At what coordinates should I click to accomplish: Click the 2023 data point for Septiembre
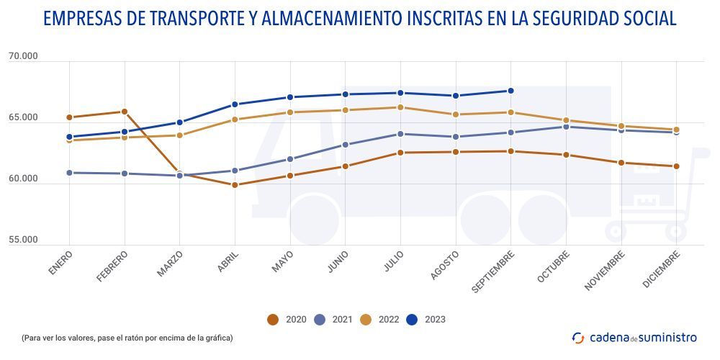tap(510, 91)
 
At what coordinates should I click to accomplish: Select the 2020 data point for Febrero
tap(125, 112)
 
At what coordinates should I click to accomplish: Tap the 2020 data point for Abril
tap(235, 185)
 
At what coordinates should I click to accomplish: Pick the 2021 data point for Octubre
tap(566, 127)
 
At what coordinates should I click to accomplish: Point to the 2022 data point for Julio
tap(400, 107)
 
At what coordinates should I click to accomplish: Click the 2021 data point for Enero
tap(69, 173)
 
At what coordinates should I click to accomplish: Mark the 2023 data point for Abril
tap(235, 104)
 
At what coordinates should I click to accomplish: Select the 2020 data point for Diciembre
tap(676, 166)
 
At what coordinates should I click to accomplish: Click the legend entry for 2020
tap(288, 320)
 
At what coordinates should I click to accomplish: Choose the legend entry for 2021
tap(335, 320)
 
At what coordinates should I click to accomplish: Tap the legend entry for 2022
tap(381, 320)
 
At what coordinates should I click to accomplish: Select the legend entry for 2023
tap(427, 320)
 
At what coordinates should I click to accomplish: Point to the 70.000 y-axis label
tap(23, 57)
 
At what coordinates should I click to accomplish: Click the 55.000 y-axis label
tap(23, 239)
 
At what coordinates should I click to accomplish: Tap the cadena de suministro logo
tap(634, 337)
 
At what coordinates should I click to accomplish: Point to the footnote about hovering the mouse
tap(127, 338)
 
